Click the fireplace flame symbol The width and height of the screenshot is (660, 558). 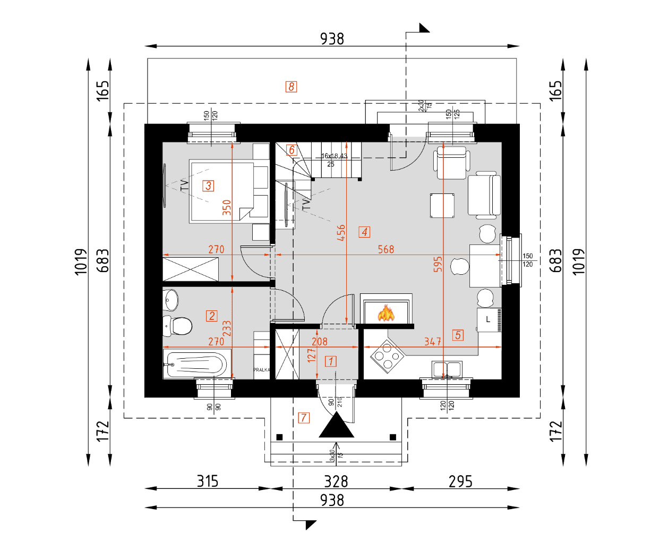click(386, 313)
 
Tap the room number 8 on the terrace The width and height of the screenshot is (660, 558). click(291, 87)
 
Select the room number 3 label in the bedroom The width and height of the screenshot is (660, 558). click(209, 185)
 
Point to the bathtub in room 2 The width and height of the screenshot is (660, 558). click(195, 365)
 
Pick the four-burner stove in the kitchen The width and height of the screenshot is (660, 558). click(388, 357)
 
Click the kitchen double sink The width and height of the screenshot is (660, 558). click(447, 369)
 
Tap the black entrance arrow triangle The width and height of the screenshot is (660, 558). click(337, 426)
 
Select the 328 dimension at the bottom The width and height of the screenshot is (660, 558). click(336, 481)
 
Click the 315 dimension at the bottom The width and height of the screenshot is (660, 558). click(208, 481)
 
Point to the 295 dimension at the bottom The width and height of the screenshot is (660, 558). click(460, 481)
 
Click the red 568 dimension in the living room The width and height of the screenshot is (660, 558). click(386, 249)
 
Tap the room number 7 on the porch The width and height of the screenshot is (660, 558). click(304, 418)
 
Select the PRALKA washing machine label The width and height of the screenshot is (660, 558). click(261, 370)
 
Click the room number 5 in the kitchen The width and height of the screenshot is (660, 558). click(458, 335)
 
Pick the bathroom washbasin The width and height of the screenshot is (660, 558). click(172, 300)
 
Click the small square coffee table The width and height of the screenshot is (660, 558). click(442, 206)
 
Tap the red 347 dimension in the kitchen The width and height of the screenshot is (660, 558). click(433, 342)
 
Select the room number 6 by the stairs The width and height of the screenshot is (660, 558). click(292, 150)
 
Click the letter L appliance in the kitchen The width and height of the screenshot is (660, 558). click(488, 320)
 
